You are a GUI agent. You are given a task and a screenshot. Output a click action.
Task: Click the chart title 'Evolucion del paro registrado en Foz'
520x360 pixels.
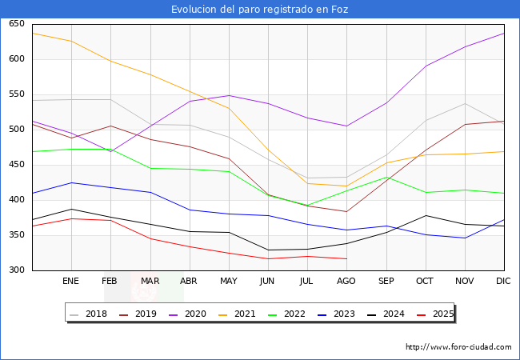point(260,10)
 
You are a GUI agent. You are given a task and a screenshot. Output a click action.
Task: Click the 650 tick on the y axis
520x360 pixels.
point(17,24)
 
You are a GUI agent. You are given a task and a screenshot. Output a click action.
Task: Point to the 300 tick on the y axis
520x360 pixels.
point(17,270)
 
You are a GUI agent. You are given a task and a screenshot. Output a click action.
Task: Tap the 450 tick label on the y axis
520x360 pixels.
point(17,165)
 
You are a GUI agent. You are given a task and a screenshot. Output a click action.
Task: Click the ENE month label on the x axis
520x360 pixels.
point(71,282)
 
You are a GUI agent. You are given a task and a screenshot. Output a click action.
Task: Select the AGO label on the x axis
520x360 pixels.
point(346,282)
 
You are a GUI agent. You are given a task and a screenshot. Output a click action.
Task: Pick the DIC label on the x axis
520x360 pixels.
point(503,282)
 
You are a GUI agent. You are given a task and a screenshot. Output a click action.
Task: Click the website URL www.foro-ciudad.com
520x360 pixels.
point(458,347)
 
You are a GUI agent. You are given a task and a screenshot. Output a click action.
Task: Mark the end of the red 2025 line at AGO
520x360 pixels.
point(346,258)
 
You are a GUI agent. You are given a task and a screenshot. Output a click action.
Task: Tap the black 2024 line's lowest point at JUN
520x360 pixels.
point(268,250)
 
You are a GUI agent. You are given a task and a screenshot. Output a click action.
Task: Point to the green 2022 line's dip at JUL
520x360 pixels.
point(307,206)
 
